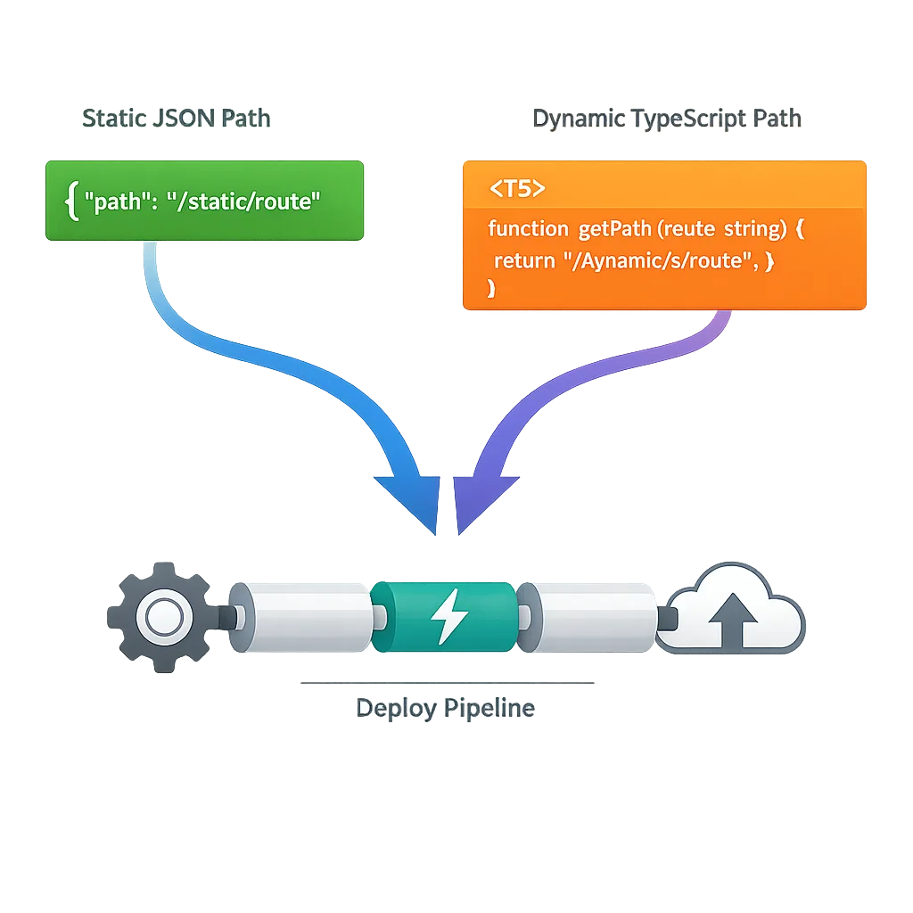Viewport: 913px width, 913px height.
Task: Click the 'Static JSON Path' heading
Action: [176, 119]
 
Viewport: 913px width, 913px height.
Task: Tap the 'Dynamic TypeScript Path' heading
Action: [667, 119]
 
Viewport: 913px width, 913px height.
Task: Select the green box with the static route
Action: [204, 201]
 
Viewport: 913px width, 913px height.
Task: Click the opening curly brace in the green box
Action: [71, 202]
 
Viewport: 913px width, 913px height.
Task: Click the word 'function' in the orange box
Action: [528, 229]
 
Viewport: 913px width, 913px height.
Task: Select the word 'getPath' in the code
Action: [615, 229]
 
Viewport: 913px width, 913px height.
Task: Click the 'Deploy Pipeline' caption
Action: [445, 709]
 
